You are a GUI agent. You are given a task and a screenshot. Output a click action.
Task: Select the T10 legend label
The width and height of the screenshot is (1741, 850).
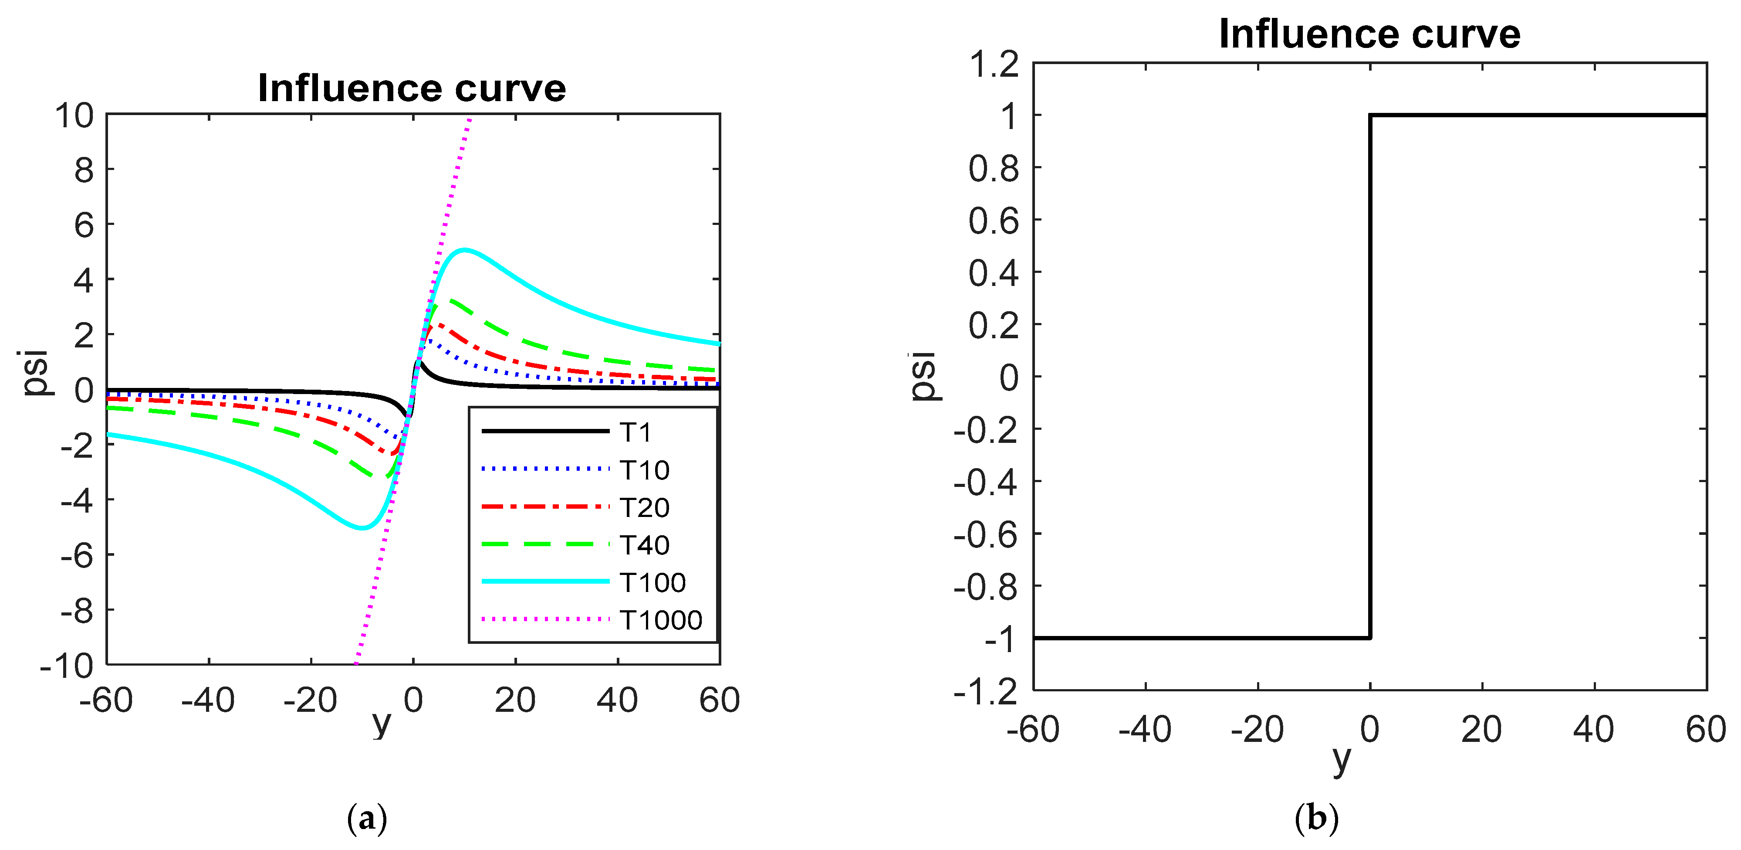click(x=644, y=470)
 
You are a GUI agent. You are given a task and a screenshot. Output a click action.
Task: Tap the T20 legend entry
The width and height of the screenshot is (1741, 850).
click(x=644, y=507)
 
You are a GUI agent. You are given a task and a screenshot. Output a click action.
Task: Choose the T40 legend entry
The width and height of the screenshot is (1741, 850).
click(x=644, y=545)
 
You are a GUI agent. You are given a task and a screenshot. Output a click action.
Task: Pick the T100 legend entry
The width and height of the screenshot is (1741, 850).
click(x=652, y=582)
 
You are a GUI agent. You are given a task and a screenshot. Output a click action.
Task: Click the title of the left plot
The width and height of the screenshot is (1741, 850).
click(x=412, y=88)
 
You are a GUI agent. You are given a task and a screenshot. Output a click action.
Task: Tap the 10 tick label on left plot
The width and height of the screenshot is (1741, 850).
click(x=74, y=116)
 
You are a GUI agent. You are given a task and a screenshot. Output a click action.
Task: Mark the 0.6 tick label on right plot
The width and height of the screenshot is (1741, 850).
click(x=994, y=221)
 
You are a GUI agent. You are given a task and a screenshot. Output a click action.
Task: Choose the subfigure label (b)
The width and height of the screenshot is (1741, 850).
click(x=1316, y=819)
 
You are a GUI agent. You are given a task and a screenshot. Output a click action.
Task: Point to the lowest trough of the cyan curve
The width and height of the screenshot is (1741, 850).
click(x=362, y=527)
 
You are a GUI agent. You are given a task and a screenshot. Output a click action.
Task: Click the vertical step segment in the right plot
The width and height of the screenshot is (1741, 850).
click(x=1370, y=376)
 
